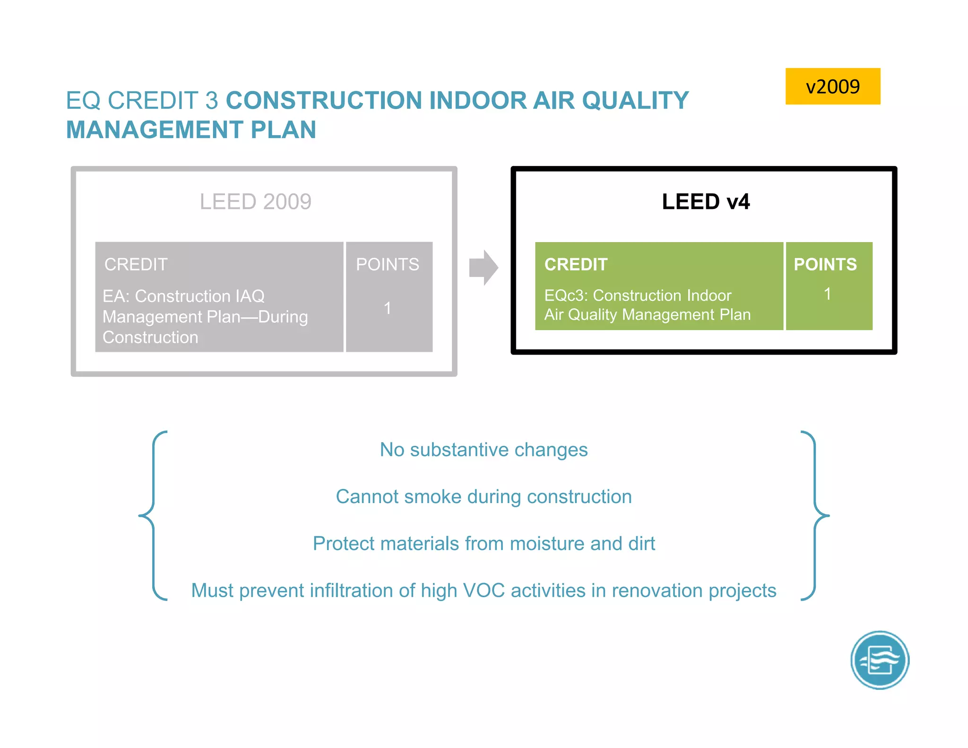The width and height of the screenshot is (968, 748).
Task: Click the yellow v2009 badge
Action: tap(832, 87)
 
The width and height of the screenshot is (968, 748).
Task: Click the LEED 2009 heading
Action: tap(255, 202)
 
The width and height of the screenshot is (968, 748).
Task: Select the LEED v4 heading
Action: tap(705, 202)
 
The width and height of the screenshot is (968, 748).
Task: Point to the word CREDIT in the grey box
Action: tap(136, 264)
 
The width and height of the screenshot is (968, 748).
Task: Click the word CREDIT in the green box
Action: tap(575, 264)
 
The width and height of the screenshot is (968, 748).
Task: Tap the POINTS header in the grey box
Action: tap(387, 264)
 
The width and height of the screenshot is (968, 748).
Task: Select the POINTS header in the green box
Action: tap(825, 264)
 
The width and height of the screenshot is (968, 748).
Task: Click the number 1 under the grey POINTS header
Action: tap(388, 308)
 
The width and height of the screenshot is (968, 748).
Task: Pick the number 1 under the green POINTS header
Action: tap(827, 294)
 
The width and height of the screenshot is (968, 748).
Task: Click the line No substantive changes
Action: tap(484, 450)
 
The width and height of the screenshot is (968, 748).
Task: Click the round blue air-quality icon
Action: tap(880, 660)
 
